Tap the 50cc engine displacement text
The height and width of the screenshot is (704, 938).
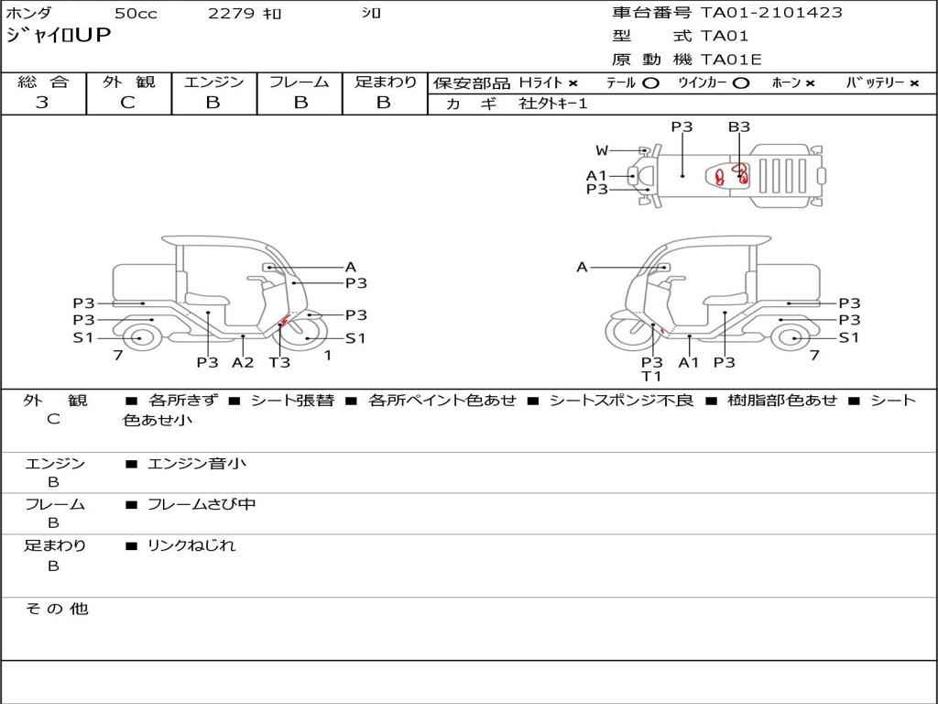(x=135, y=14)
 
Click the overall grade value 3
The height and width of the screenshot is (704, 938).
(x=42, y=103)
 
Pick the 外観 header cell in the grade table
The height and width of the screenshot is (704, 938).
(x=128, y=82)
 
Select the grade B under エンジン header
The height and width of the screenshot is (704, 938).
(x=213, y=103)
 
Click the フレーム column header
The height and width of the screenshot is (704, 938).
(x=299, y=82)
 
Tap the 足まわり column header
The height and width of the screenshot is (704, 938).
(x=385, y=82)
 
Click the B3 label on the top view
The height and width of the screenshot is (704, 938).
(x=739, y=127)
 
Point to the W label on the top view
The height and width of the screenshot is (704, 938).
(x=602, y=150)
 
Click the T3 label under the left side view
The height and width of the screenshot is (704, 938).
(x=279, y=362)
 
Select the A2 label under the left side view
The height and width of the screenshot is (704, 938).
(x=243, y=362)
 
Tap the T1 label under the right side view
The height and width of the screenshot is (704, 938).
(x=651, y=376)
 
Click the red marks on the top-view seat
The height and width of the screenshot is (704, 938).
(x=732, y=174)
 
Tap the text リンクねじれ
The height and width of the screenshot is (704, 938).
(x=191, y=545)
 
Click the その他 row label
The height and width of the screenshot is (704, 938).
(x=56, y=609)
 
